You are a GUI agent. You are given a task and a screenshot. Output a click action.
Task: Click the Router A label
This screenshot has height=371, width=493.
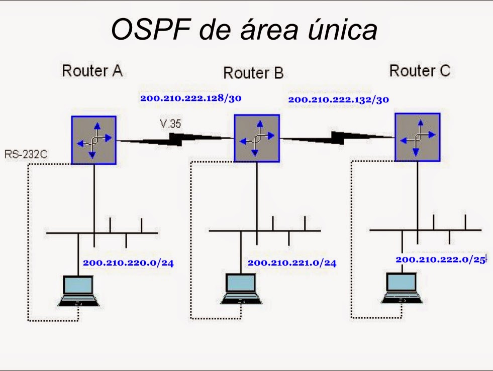point(92,71)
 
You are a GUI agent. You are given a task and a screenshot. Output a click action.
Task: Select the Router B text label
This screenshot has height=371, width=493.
point(253,73)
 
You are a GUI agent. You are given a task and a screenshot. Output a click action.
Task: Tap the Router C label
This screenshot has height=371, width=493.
point(420,71)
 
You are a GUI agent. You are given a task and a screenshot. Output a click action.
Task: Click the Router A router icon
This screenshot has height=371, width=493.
point(93,140)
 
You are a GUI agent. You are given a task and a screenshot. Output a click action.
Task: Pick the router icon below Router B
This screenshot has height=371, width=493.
point(257,138)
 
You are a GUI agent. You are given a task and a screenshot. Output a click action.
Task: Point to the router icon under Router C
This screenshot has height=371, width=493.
point(417,137)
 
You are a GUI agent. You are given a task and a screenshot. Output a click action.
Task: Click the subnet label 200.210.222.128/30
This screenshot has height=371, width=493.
point(191,98)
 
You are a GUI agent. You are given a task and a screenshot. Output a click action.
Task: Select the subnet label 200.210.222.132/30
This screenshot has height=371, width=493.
point(338,99)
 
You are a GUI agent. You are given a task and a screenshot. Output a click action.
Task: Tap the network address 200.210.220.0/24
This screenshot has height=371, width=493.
point(128,262)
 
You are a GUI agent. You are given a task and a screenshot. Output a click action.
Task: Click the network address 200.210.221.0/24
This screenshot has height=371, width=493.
point(292,263)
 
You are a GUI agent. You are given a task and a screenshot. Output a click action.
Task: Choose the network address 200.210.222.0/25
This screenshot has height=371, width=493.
point(441,260)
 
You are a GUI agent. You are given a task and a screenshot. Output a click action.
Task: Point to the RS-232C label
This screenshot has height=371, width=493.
point(26,154)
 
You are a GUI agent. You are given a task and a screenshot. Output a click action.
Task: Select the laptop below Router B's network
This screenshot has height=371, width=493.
point(240,290)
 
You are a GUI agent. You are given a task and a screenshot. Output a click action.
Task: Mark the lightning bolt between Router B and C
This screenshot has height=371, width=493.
point(337,137)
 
